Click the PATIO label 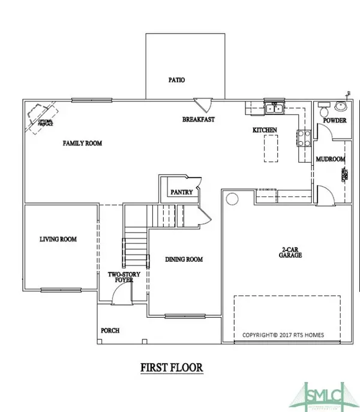(x=176, y=79)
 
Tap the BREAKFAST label (x=199, y=120)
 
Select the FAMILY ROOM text (x=83, y=144)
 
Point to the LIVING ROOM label (x=58, y=239)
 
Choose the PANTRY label (x=181, y=193)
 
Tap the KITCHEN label (x=264, y=130)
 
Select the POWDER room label (x=334, y=121)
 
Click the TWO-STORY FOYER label (x=123, y=277)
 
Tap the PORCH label (x=110, y=331)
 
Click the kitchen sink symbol (x=274, y=109)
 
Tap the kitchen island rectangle (x=272, y=148)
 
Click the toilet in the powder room (x=323, y=110)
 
